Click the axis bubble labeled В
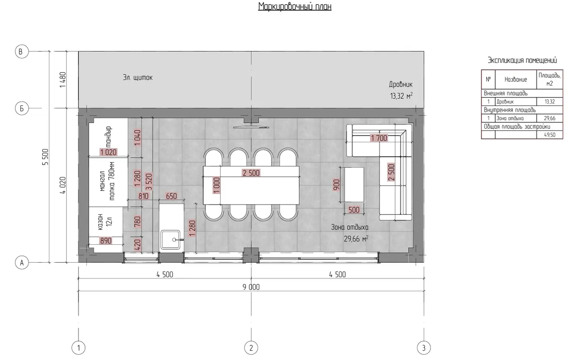click(x=21, y=51)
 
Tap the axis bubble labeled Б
click(x=21, y=108)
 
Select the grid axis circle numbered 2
click(x=251, y=348)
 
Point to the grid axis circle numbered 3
click(x=424, y=348)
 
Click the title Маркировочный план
click(x=295, y=6)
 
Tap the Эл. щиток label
click(x=138, y=77)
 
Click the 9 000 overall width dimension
click(x=251, y=287)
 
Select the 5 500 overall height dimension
click(x=46, y=157)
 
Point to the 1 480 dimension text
click(x=63, y=80)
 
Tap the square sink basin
click(x=170, y=240)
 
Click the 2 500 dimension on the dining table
click(x=251, y=173)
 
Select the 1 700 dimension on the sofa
click(x=379, y=138)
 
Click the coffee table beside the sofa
click(x=354, y=184)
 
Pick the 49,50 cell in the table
click(x=550, y=135)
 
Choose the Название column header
click(x=516, y=79)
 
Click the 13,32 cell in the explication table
click(x=550, y=102)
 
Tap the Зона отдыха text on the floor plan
click(x=350, y=227)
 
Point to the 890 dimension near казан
click(x=106, y=241)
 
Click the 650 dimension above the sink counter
click(x=171, y=196)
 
